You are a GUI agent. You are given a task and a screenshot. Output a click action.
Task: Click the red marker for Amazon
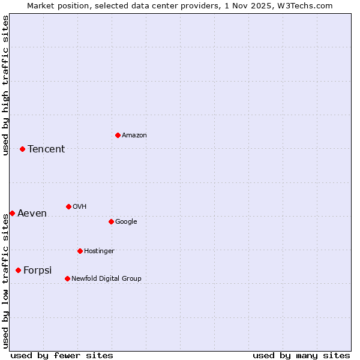tap(118, 135)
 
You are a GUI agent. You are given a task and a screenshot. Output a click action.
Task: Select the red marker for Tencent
tap(22, 149)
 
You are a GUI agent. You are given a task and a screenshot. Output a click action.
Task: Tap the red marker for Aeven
tap(12, 213)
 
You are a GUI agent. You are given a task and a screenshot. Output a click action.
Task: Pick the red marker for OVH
tap(68, 206)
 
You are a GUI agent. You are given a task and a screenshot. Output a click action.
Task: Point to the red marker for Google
tap(111, 221)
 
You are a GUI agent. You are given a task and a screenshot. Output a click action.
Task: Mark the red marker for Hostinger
tap(80, 251)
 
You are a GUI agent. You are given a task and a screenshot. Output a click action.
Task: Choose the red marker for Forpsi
tap(18, 270)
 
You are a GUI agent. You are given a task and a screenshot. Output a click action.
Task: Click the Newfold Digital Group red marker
tap(67, 278)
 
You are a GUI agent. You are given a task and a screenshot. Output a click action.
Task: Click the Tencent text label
tap(46, 149)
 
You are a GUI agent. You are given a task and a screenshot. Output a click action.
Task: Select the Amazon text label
tap(134, 135)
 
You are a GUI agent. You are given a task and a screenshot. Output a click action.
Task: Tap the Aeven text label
tap(32, 213)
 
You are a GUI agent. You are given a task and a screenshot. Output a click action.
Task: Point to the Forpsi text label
tap(37, 270)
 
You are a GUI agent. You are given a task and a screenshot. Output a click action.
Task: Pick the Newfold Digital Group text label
tap(106, 278)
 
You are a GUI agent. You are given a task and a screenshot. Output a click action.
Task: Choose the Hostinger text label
tap(99, 251)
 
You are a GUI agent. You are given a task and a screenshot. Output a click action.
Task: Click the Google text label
tap(126, 221)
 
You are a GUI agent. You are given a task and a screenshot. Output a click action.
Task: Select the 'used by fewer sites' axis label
tap(62, 355)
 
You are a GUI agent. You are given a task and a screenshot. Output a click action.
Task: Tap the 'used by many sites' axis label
tap(301, 355)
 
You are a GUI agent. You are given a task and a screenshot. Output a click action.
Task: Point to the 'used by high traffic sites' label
tap(5, 85)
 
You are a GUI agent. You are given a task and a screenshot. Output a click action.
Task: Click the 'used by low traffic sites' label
tap(5, 281)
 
